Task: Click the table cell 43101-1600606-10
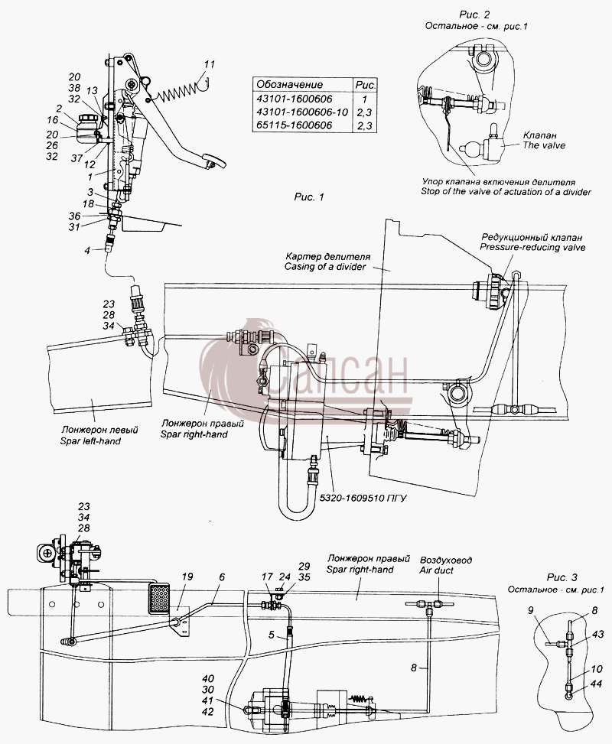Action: click(x=302, y=112)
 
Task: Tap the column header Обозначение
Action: click(x=290, y=85)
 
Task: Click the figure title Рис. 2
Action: click(x=474, y=15)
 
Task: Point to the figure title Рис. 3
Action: click(x=562, y=577)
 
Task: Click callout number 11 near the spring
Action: click(x=210, y=64)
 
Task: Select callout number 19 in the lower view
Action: click(x=187, y=577)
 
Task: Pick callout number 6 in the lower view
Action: click(x=222, y=577)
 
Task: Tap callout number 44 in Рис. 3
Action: click(x=596, y=684)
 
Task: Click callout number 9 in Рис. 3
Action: click(x=531, y=611)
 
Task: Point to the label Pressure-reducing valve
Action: click(x=532, y=247)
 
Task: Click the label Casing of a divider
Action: click(x=325, y=267)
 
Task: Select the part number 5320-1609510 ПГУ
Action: click(x=363, y=499)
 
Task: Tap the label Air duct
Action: click(x=436, y=570)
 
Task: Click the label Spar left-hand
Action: click(x=90, y=441)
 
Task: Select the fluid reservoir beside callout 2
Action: click(x=87, y=125)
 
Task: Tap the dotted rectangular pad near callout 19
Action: click(x=160, y=597)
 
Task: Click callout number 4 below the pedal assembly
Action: click(x=87, y=250)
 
